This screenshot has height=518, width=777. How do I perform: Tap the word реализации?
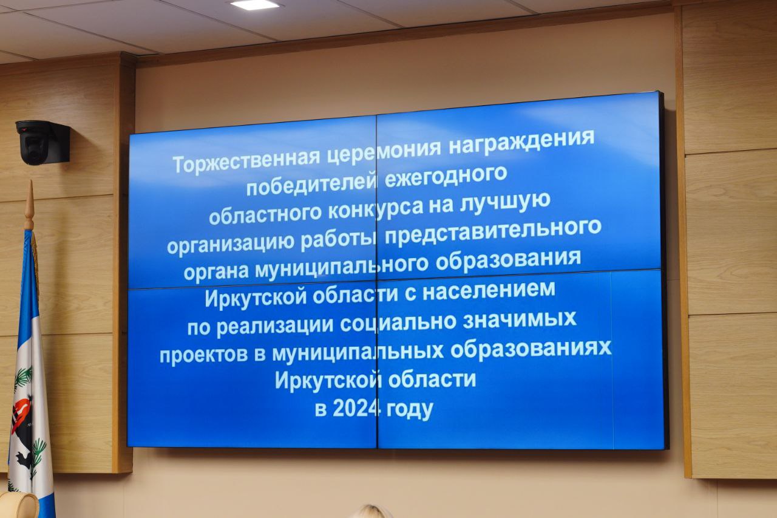(x=276, y=326)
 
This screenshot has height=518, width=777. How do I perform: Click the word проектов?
(x=203, y=355)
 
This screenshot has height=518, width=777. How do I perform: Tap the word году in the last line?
(x=410, y=410)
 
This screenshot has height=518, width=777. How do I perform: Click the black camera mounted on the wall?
(x=43, y=141)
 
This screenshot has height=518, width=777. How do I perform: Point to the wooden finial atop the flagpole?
(x=29, y=205)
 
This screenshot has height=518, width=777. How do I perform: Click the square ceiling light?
(x=255, y=4)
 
